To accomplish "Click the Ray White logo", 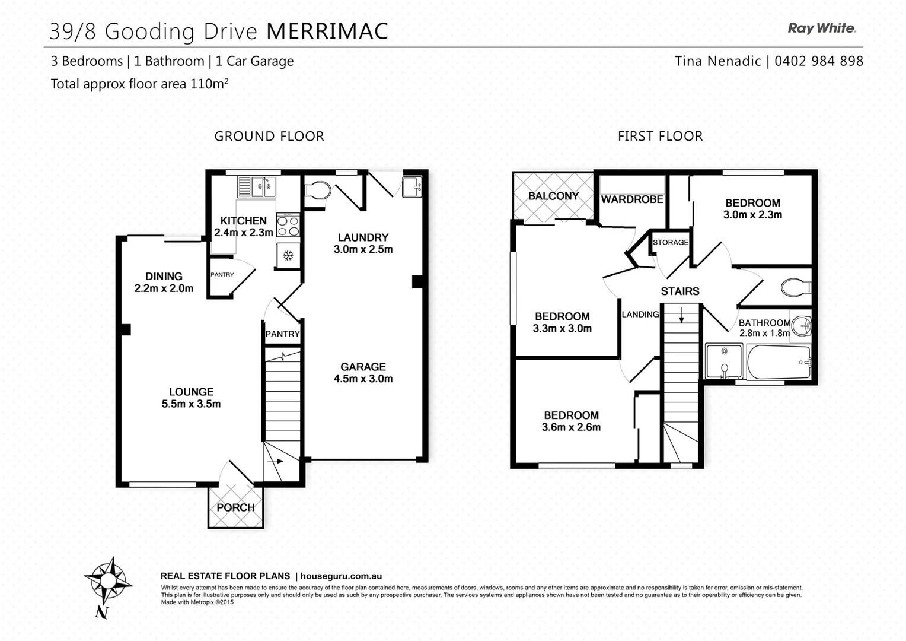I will pyautogui.click(x=821, y=28).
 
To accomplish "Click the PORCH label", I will pyautogui.click(x=235, y=507).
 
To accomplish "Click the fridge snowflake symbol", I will pyautogui.click(x=288, y=256).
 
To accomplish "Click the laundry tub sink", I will pyautogui.click(x=412, y=186).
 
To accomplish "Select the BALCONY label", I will pyautogui.click(x=553, y=196).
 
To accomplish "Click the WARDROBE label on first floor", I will pyautogui.click(x=632, y=199).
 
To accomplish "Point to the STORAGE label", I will pyautogui.click(x=671, y=242).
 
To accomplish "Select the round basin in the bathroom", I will pyautogui.click(x=801, y=325).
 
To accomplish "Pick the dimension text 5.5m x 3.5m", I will pyautogui.click(x=191, y=404).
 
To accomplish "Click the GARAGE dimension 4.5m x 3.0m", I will pyautogui.click(x=363, y=379).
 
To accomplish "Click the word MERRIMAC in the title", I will pyautogui.click(x=327, y=31).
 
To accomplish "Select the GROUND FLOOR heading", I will pyautogui.click(x=269, y=137).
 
